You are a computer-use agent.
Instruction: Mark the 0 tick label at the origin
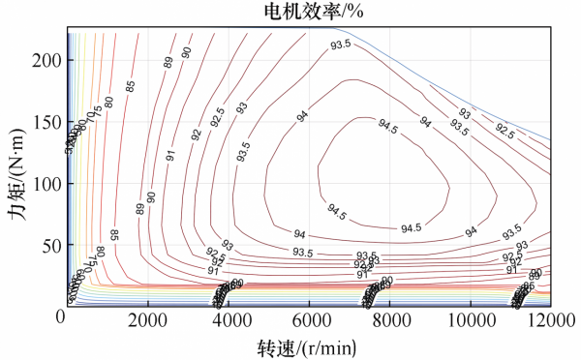coord(60,315)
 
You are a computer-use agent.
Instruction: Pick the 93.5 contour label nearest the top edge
coord(340,45)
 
